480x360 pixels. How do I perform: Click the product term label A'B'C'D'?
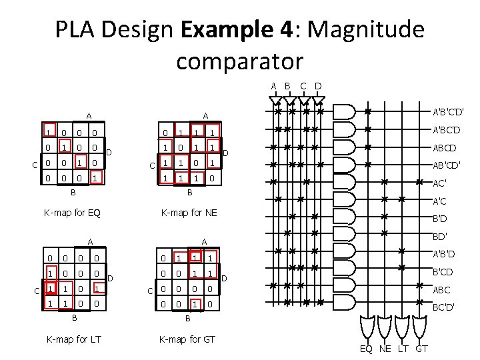[448, 111]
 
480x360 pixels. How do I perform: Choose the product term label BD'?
[440, 236]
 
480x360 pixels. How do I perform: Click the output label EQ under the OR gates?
[367, 349]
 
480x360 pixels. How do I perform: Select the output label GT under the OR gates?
[421, 349]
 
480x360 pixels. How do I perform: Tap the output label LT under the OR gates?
[403, 349]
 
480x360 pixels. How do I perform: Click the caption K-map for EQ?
[71, 213]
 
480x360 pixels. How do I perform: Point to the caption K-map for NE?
[189, 213]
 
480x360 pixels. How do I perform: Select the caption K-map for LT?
[73, 339]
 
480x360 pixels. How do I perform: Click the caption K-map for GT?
[187, 339]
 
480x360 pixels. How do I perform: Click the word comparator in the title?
[239, 61]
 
